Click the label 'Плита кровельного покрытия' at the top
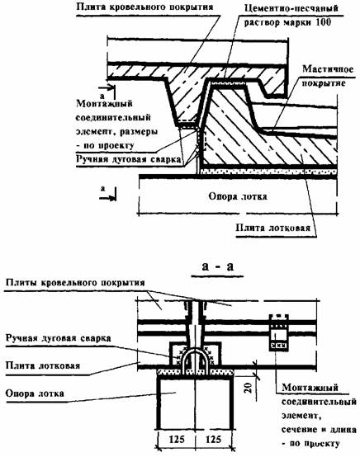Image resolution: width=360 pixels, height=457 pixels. click(x=144, y=7)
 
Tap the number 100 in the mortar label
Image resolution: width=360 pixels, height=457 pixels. click(x=323, y=22)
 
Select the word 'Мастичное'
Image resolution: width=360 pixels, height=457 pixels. click(x=328, y=69)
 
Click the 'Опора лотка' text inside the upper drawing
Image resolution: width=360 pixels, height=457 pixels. click(x=238, y=196)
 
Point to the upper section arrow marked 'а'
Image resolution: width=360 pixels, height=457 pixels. click(x=107, y=87)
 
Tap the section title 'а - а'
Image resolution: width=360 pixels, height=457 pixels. click(x=218, y=266)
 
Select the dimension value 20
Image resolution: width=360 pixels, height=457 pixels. click(x=248, y=389)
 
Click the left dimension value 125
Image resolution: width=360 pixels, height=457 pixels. click(x=177, y=439)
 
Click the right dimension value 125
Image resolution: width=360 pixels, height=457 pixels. click(x=213, y=439)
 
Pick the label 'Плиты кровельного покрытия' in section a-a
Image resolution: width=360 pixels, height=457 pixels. click(x=75, y=283)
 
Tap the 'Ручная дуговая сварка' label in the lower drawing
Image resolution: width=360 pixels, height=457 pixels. click(x=59, y=338)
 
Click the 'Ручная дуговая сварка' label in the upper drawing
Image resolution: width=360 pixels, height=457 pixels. click(x=128, y=160)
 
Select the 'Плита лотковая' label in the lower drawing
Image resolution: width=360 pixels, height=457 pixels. click(x=43, y=365)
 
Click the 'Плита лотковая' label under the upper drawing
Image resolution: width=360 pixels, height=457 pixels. click(x=272, y=228)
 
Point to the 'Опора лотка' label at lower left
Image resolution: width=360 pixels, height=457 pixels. click(x=35, y=393)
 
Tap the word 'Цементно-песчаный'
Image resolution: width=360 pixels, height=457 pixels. click(x=291, y=8)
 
